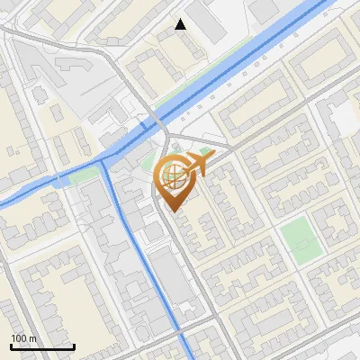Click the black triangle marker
point(181,24)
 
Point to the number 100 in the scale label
point(19,338)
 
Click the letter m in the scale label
point(33,338)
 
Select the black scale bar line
point(41,346)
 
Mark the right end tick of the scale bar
point(73,345)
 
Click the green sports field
point(299,240)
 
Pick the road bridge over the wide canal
point(155,121)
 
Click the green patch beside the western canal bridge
point(81,175)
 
